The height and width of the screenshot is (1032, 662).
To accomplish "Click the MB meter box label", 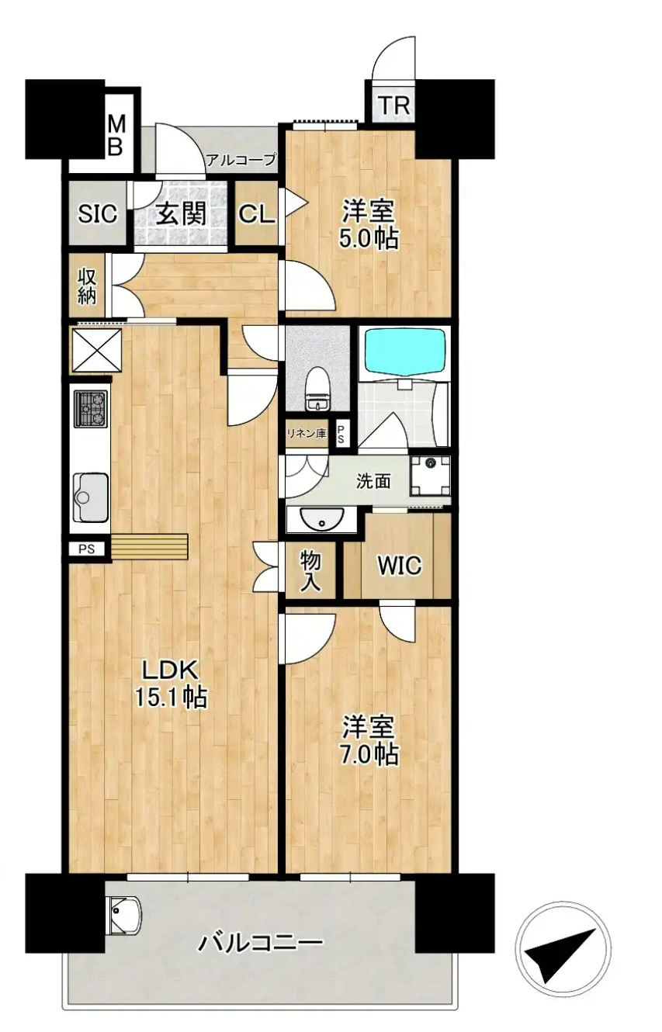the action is tap(116, 136).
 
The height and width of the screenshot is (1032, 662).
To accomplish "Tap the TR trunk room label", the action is tap(394, 106).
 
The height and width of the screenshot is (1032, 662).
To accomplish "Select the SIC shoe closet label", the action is tap(97, 214).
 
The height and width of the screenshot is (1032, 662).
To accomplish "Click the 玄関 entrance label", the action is tap(181, 213).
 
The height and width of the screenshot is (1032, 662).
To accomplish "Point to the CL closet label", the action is tap(257, 214).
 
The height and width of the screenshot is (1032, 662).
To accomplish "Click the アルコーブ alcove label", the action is tap(241, 160).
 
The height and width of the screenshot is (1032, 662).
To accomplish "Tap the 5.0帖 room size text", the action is tap(369, 239).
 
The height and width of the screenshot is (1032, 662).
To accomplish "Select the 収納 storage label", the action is tap(87, 286).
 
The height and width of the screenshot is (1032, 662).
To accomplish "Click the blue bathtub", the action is tap(405, 352).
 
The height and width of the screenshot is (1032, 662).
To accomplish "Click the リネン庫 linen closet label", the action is tap(307, 433).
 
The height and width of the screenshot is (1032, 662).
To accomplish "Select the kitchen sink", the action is tap(91, 497).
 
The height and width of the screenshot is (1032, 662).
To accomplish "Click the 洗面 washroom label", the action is tap(373, 481).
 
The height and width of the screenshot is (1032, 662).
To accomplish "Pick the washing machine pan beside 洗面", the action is tap(431, 476).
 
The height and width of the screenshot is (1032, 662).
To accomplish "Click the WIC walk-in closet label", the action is tap(399, 565).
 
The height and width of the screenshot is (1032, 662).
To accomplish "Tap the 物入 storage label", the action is tap(310, 571).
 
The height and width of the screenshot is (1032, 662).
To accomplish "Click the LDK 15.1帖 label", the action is tap(171, 684).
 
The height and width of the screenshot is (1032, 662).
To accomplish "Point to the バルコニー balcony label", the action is tap(260, 943).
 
